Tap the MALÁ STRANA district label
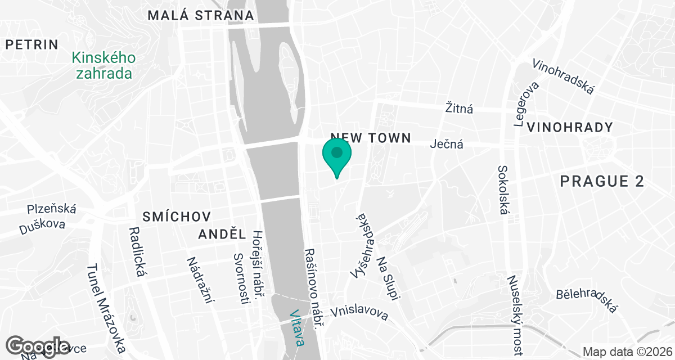(201, 16)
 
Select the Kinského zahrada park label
(102, 65)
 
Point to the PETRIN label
(32, 45)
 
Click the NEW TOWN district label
(371, 138)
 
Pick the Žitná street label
(459, 108)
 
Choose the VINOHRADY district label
(570, 127)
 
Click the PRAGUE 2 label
(602, 181)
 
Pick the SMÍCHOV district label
(177, 217)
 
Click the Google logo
(38, 345)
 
